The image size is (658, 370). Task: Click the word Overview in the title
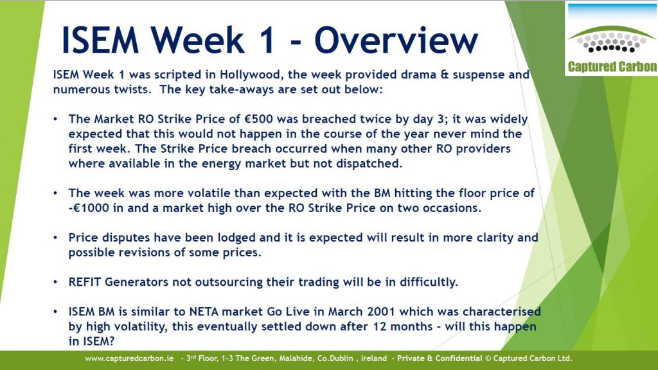[x=396, y=40]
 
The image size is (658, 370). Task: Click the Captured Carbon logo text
[x=612, y=67]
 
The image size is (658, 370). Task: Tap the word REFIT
[x=85, y=282]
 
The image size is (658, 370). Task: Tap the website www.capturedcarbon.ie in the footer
[x=129, y=358]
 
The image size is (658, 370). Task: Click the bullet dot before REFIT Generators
[x=55, y=282]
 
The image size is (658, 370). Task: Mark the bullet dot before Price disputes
[x=55, y=238]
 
